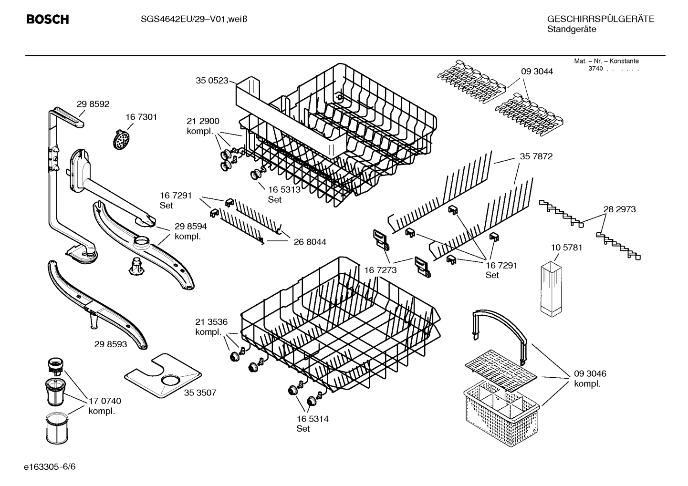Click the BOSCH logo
pos(47,20)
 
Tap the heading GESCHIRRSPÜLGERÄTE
pos(600,19)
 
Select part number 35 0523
pos(211,81)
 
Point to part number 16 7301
pos(141,117)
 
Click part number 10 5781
pos(566,248)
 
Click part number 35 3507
pos(200,393)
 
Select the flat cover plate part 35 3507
pos(162,375)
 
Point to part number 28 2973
pos(619,209)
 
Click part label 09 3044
pos(537,72)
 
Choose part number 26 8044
pos(310,242)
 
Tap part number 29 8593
pos(111,343)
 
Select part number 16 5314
pos(312,419)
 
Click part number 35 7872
pos(536,156)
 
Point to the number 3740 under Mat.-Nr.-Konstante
pos(595,68)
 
